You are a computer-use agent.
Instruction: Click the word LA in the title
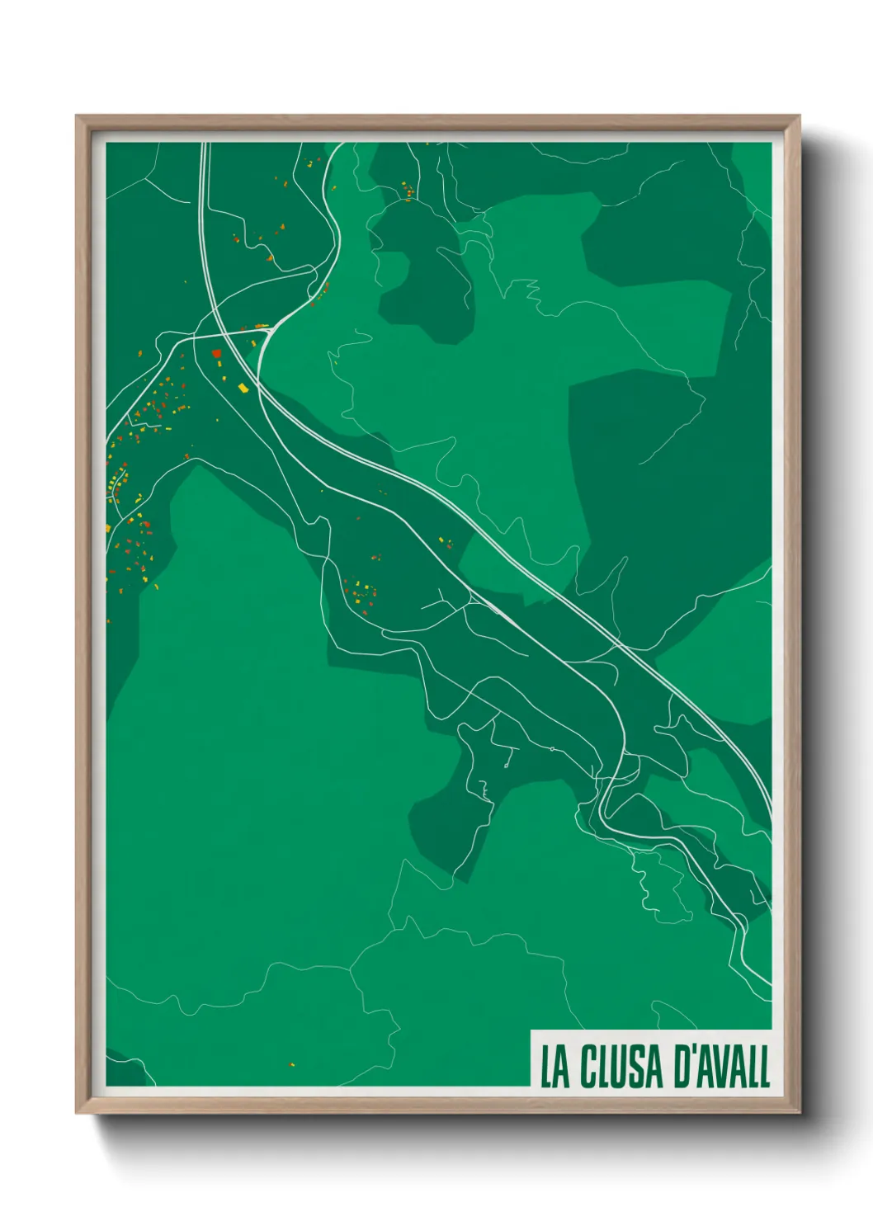click(x=554, y=1067)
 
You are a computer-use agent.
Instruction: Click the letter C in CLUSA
click(x=588, y=1067)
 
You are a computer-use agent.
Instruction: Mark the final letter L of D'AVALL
click(x=764, y=1067)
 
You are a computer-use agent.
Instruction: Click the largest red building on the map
click(x=217, y=353)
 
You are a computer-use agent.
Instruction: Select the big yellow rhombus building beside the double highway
click(x=243, y=387)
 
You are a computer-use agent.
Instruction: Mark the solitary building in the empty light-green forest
click(x=290, y=1064)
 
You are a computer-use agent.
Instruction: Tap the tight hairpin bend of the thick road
click(x=606, y=813)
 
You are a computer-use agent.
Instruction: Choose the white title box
click(x=650, y=1059)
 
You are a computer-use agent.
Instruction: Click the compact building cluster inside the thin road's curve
click(x=360, y=592)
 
